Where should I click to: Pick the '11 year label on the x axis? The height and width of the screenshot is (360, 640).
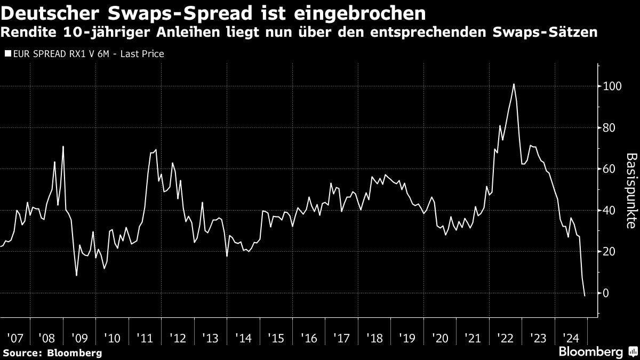pyautogui.click(x=145, y=338)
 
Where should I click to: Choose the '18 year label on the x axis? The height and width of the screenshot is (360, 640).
pyautogui.click(x=375, y=338)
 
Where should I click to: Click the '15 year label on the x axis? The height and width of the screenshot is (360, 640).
pyautogui.click(x=276, y=338)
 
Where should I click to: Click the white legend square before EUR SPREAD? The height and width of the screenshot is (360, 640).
pyautogui.click(x=6, y=54)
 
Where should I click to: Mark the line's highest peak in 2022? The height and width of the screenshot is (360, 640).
pyautogui.click(x=513, y=84)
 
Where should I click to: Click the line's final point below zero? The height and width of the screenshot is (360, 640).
pyautogui.click(x=585, y=295)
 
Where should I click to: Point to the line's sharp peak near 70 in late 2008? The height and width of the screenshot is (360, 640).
pyautogui.click(x=63, y=147)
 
